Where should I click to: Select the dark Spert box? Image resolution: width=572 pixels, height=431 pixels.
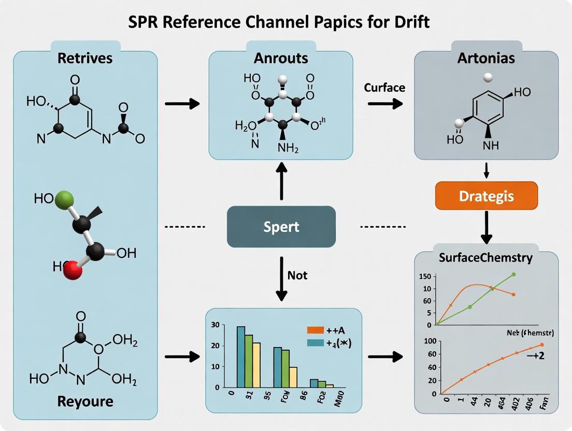click(281, 226)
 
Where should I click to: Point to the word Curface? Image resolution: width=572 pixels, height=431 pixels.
click(384, 88)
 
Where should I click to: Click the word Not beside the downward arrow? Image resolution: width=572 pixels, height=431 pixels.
click(297, 275)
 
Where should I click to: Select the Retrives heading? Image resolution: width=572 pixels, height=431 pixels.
click(85, 58)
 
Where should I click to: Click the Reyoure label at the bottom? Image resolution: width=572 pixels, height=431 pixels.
click(86, 401)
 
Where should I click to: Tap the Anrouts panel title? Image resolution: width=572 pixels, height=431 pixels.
click(281, 58)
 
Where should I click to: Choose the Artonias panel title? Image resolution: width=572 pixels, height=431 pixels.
click(486, 58)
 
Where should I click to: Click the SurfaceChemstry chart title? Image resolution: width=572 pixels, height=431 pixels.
click(485, 257)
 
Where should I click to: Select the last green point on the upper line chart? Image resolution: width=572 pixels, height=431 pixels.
click(513, 274)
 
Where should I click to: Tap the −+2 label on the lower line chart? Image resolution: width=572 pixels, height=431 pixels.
click(533, 356)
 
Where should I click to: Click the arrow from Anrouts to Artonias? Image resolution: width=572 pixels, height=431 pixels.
click(385, 104)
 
